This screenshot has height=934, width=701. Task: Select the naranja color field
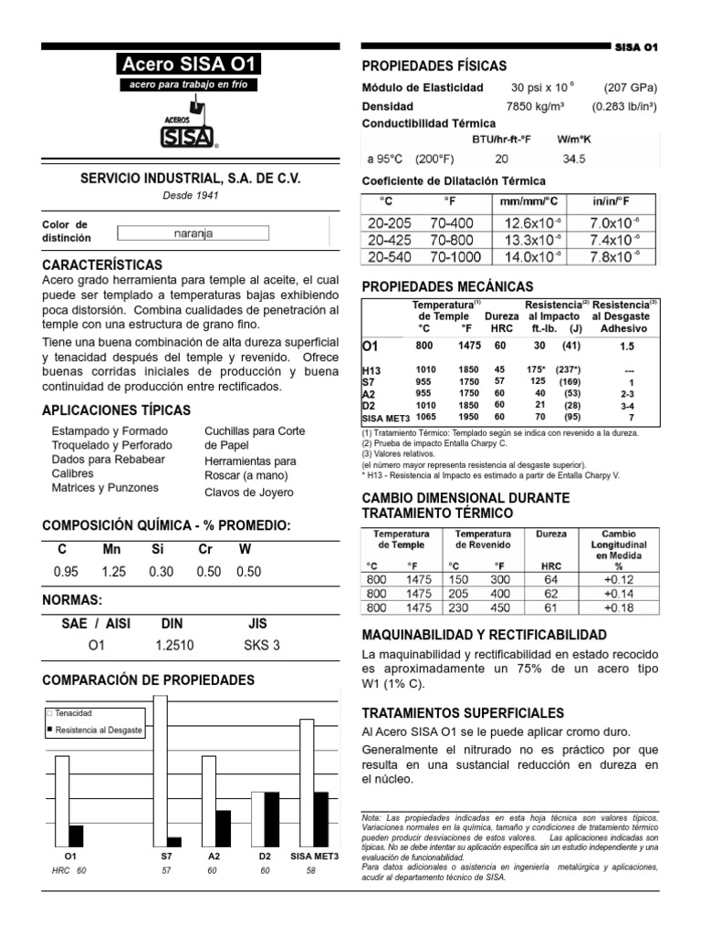(193, 233)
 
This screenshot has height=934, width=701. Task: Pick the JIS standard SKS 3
(262, 645)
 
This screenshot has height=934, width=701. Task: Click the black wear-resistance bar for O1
(76, 835)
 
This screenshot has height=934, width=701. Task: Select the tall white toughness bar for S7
(162, 775)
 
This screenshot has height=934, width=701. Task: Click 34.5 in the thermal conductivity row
(574, 158)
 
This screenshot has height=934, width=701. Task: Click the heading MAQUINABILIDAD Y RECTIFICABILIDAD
(482, 634)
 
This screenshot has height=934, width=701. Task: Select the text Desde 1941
(192, 195)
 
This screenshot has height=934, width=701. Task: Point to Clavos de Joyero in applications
(249, 493)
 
